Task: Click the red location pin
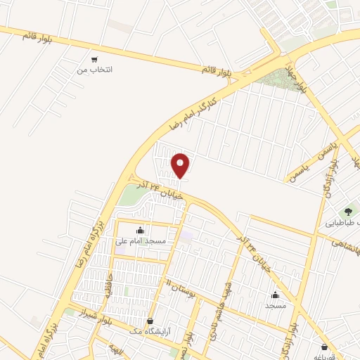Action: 181,165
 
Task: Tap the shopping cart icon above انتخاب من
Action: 94,59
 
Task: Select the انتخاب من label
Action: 94,70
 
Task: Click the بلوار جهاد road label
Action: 297,79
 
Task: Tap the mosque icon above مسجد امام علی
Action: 140,230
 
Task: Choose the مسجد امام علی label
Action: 141,240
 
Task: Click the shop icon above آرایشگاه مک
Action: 150,321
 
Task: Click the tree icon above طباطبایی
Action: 348,211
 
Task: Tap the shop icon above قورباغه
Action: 324,347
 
